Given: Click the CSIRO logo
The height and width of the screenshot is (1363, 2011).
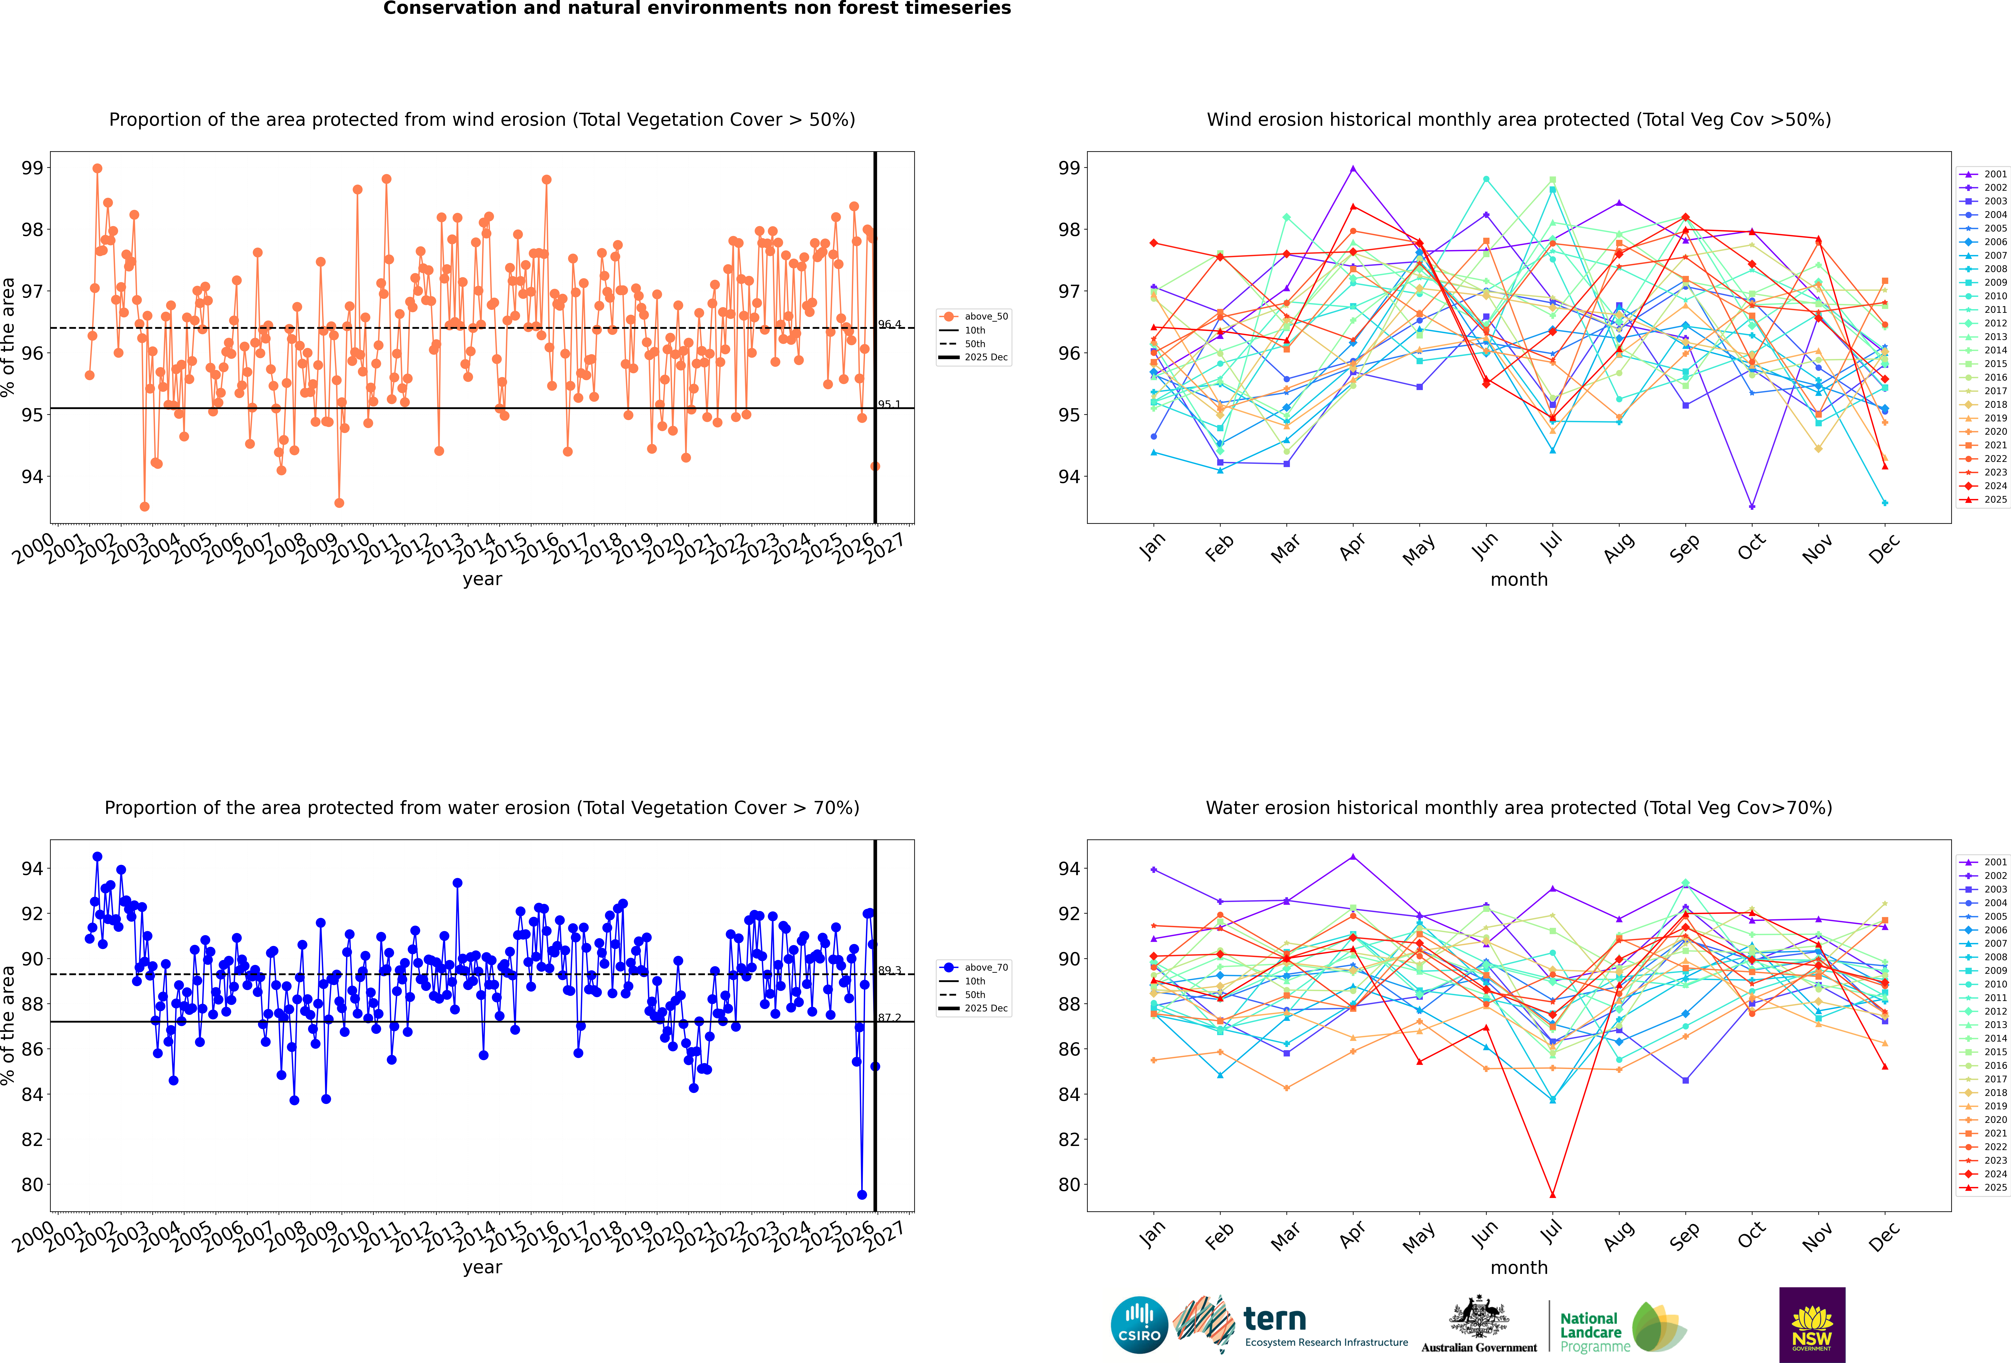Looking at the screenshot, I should coord(1139,1325).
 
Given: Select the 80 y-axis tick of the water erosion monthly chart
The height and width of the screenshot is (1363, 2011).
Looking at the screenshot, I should coord(1070,1185).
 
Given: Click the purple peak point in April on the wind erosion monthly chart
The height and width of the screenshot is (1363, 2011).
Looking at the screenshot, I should coord(1353,169).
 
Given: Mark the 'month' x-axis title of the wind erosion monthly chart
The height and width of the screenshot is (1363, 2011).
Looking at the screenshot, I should coord(1519,580).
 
